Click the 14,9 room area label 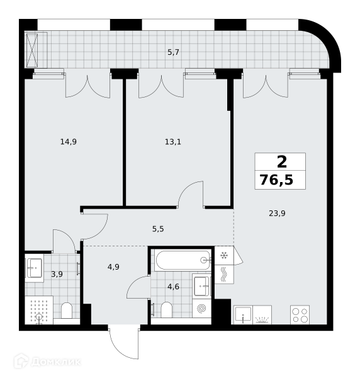69,142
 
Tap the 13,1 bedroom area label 173,142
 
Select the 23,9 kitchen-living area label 277,214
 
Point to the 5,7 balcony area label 173,52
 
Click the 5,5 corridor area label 158,229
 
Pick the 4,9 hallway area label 113,267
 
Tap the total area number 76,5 276,180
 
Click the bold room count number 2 282,162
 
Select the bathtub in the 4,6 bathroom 183,260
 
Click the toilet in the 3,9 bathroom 67,311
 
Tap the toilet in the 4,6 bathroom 166,310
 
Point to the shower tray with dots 39,310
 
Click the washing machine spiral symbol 201,308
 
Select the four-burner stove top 300,315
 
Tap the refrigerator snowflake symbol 224,255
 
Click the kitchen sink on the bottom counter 243,315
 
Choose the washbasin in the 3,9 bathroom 35,268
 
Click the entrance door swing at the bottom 124,343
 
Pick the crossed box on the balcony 32,50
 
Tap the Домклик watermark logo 47,362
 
